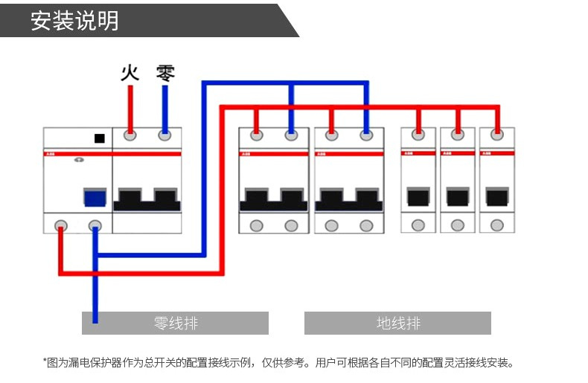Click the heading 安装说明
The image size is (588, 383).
[x=74, y=20]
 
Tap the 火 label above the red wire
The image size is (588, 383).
[x=130, y=73]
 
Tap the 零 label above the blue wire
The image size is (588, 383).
[x=165, y=73]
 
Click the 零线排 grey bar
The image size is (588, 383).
[x=175, y=324]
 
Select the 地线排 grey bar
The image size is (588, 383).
[x=397, y=324]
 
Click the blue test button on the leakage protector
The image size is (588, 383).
[x=94, y=198]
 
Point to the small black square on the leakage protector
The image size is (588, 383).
[x=99, y=138]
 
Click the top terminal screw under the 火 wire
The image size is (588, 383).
[x=130, y=135]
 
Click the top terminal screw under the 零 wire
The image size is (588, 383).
[x=165, y=135]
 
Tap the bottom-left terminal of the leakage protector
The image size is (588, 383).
[x=60, y=225]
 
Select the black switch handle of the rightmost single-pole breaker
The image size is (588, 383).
[x=496, y=197]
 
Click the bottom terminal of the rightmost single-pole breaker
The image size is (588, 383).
[x=496, y=225]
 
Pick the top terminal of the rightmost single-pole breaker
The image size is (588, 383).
[x=496, y=135]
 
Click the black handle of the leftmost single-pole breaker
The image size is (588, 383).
[x=418, y=197]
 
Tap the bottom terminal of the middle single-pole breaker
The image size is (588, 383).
[x=457, y=225]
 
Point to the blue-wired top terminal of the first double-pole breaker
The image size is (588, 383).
[x=291, y=135]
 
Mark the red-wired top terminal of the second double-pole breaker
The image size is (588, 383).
[x=331, y=135]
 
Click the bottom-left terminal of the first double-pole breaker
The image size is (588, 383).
[x=256, y=225]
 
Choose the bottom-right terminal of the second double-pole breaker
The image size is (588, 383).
[x=365, y=225]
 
